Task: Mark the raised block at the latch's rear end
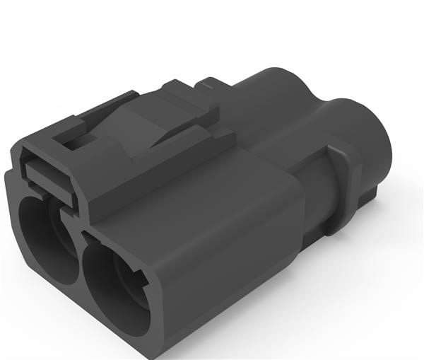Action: [x=191, y=99]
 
